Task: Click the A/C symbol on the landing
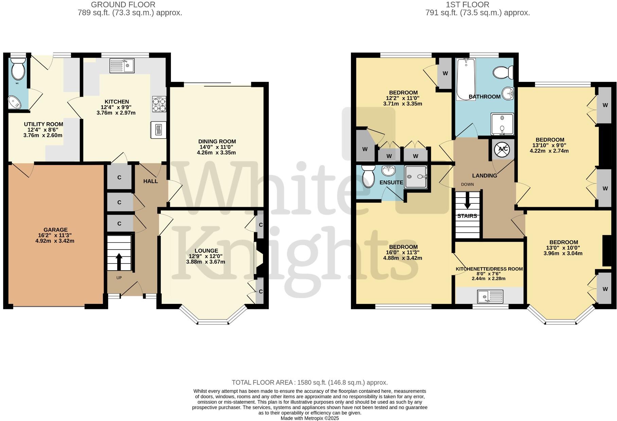(x=501, y=149)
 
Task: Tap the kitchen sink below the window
(x=122, y=65)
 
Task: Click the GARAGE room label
(x=55, y=230)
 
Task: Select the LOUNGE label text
(x=206, y=251)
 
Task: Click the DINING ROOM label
(x=217, y=142)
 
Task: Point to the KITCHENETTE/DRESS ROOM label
(x=489, y=269)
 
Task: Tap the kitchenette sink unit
(x=490, y=296)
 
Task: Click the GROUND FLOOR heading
(x=123, y=5)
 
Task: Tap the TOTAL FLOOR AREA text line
(x=310, y=383)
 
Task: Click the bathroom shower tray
(x=502, y=124)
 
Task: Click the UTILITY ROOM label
(x=43, y=124)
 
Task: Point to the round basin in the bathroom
(x=508, y=93)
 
